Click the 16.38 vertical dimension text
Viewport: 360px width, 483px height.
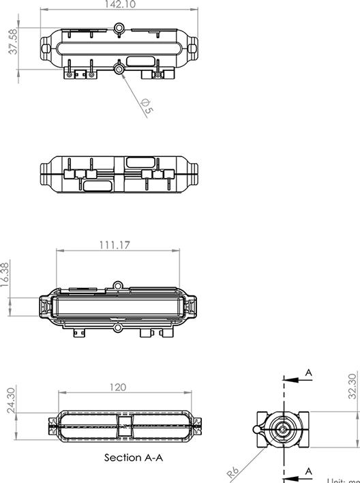tap(6, 276)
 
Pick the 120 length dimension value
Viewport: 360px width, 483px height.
tap(118, 387)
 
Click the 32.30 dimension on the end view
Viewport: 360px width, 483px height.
tap(352, 385)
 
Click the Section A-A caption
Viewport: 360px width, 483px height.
tap(134, 458)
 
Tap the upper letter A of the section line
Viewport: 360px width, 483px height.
tap(308, 372)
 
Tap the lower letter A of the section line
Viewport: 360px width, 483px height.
tap(308, 471)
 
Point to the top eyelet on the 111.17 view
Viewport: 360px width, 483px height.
tap(118, 287)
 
